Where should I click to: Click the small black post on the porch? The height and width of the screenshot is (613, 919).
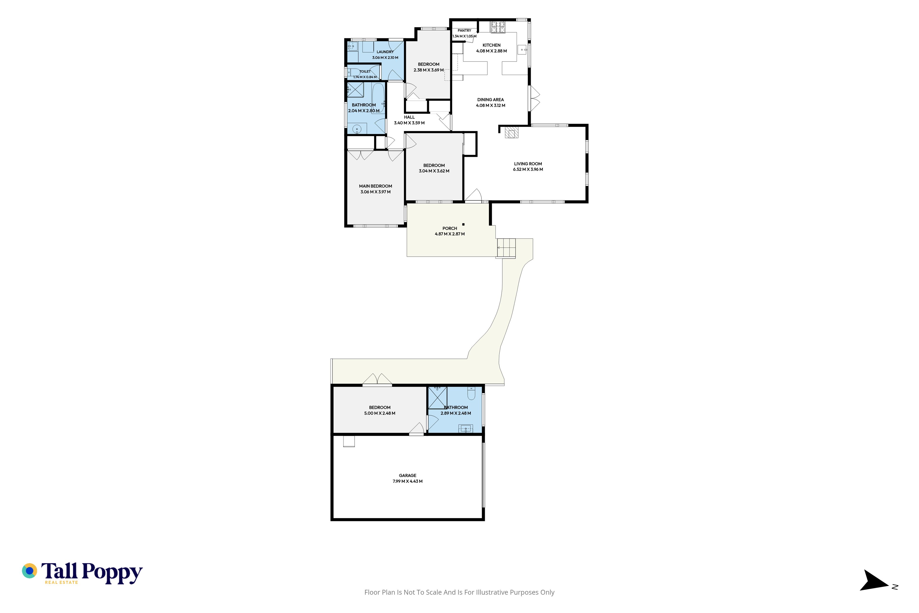[463, 224]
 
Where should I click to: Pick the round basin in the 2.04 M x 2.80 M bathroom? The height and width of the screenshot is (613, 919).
[357, 129]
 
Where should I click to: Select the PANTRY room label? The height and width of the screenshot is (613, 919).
[464, 30]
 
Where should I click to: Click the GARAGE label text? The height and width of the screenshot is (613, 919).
[408, 475]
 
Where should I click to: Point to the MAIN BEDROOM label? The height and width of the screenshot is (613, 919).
[375, 186]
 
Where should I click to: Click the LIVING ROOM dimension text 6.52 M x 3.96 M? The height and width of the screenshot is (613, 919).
[528, 169]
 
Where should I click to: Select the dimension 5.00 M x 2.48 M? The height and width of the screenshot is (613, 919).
[379, 413]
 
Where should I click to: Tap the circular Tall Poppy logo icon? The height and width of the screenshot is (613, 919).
[29, 571]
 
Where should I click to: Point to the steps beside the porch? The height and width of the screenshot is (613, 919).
[506, 248]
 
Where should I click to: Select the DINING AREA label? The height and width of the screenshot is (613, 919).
[490, 100]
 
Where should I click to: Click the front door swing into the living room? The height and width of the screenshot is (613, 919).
[473, 195]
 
